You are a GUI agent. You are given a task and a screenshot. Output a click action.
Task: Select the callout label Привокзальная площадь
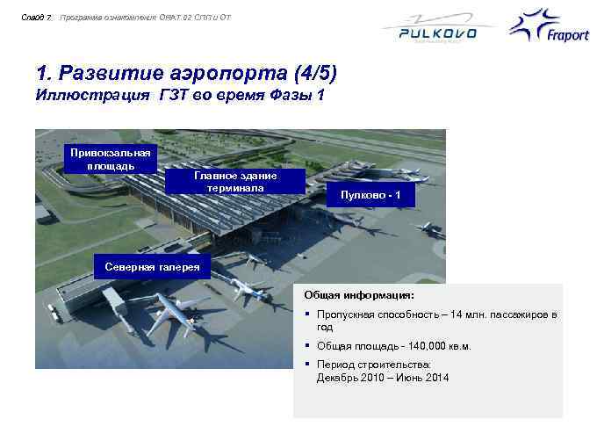(x=111, y=158)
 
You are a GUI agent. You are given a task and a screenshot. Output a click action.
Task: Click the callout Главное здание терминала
(x=234, y=181)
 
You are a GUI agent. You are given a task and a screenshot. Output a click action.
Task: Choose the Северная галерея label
(x=152, y=266)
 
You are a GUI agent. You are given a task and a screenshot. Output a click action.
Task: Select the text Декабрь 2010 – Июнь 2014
(x=382, y=378)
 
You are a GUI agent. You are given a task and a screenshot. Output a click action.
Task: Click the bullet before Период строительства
(x=308, y=364)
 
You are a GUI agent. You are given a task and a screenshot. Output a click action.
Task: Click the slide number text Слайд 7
(x=39, y=17)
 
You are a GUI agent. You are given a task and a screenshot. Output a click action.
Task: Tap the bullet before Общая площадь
(x=308, y=346)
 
